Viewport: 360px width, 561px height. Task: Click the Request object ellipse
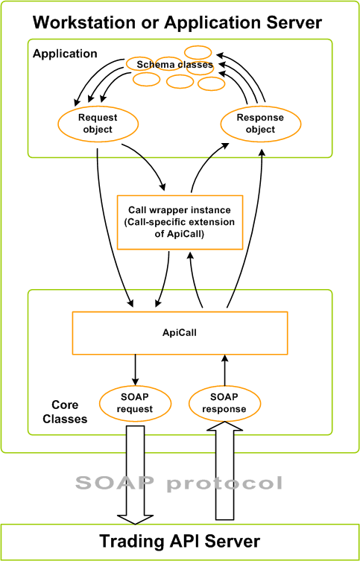[97, 124]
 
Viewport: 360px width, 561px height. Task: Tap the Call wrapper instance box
[180, 222]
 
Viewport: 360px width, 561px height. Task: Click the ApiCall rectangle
[179, 332]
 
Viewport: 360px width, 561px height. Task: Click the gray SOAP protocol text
[180, 483]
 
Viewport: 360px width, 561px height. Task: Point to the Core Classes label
[69, 411]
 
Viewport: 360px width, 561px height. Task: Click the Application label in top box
[65, 54]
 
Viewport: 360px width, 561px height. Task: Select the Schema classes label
[174, 65]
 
